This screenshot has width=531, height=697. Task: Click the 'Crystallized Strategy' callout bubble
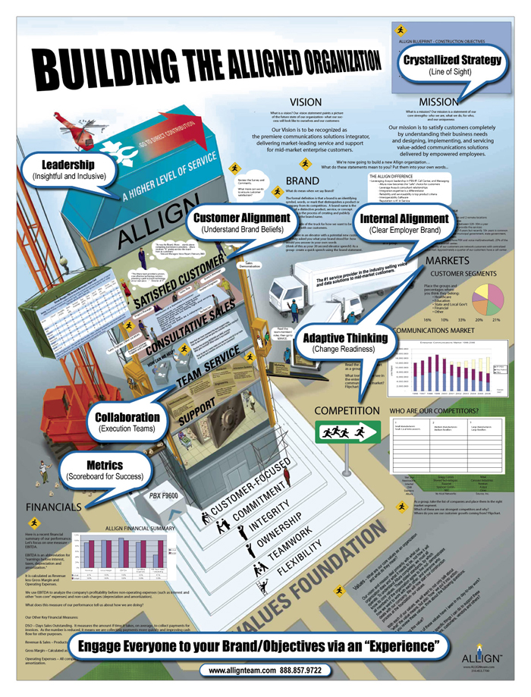452,64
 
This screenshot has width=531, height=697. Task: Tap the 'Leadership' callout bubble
69,170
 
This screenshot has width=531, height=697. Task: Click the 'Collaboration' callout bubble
127,422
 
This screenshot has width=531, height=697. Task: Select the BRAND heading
303,181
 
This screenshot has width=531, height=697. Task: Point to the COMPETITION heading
347,411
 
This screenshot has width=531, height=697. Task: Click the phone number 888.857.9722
322,671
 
